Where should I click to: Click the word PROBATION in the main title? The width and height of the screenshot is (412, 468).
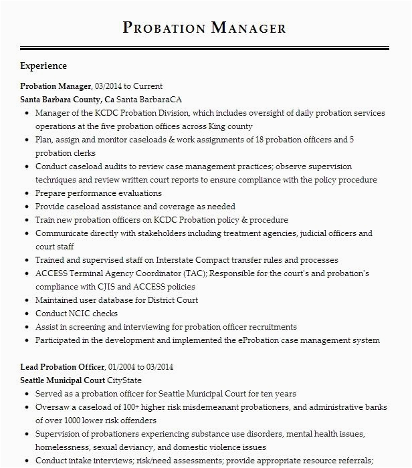164,27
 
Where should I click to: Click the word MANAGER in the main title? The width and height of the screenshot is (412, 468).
248,27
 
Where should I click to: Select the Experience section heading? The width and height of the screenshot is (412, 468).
43,66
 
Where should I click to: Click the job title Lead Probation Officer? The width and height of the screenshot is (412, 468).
62,367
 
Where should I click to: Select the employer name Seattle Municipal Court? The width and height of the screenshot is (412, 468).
62,380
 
